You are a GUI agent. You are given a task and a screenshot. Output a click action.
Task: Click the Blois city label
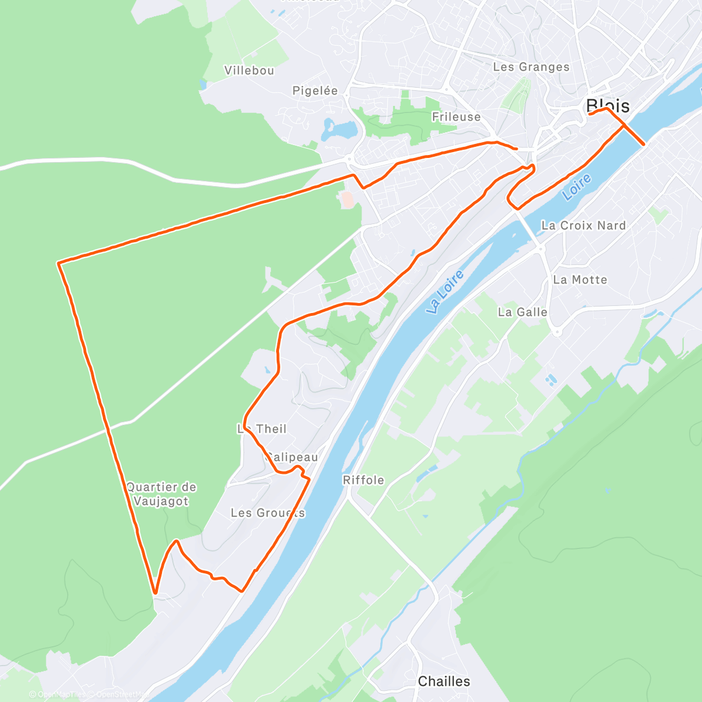click(608, 106)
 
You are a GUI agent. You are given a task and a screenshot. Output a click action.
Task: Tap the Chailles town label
click(443, 682)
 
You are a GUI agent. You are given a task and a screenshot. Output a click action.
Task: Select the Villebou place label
click(249, 71)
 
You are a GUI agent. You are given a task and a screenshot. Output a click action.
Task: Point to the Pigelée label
click(315, 91)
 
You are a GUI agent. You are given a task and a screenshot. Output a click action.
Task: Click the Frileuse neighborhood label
click(456, 117)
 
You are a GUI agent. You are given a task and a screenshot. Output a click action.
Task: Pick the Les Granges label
click(531, 67)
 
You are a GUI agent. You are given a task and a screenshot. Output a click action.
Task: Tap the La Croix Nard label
click(583, 226)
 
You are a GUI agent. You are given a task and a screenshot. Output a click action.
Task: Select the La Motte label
click(580, 280)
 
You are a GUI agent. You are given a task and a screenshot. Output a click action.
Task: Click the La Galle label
click(522, 312)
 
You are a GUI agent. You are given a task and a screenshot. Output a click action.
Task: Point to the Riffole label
click(363, 480)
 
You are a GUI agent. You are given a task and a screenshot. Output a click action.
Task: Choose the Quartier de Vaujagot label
click(161, 494)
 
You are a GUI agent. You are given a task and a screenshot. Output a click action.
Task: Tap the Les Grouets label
click(268, 513)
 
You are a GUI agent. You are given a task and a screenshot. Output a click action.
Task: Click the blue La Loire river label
click(445, 292)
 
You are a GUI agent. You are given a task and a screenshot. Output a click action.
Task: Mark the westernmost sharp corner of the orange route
click(58, 264)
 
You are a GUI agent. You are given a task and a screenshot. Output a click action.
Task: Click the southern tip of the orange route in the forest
click(155, 593)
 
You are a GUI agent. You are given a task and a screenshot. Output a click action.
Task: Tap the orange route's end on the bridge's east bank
click(644, 144)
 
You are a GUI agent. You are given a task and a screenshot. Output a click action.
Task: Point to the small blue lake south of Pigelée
click(339, 128)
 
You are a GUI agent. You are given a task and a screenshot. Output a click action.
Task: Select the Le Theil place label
click(262, 429)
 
